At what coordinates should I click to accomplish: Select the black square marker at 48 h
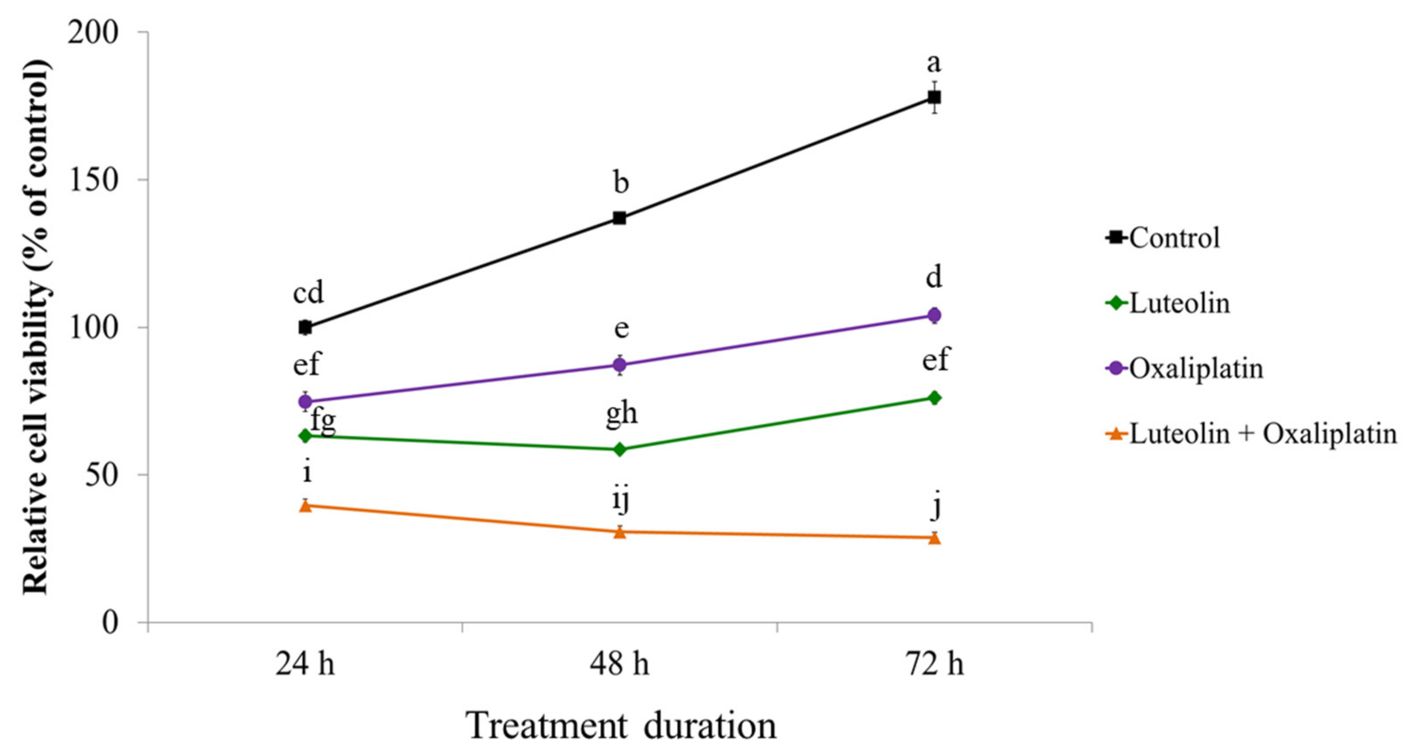click(619, 218)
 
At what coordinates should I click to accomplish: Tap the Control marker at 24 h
click(305, 327)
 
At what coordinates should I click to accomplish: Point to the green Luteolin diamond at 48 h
click(620, 449)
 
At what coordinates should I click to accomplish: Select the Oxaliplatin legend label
click(1196, 368)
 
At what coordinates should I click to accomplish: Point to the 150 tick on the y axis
click(94, 180)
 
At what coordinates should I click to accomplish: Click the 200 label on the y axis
click(94, 32)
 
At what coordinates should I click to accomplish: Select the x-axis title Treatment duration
click(622, 726)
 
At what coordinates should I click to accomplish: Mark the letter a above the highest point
click(934, 64)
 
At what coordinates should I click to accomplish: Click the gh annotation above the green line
click(622, 413)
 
